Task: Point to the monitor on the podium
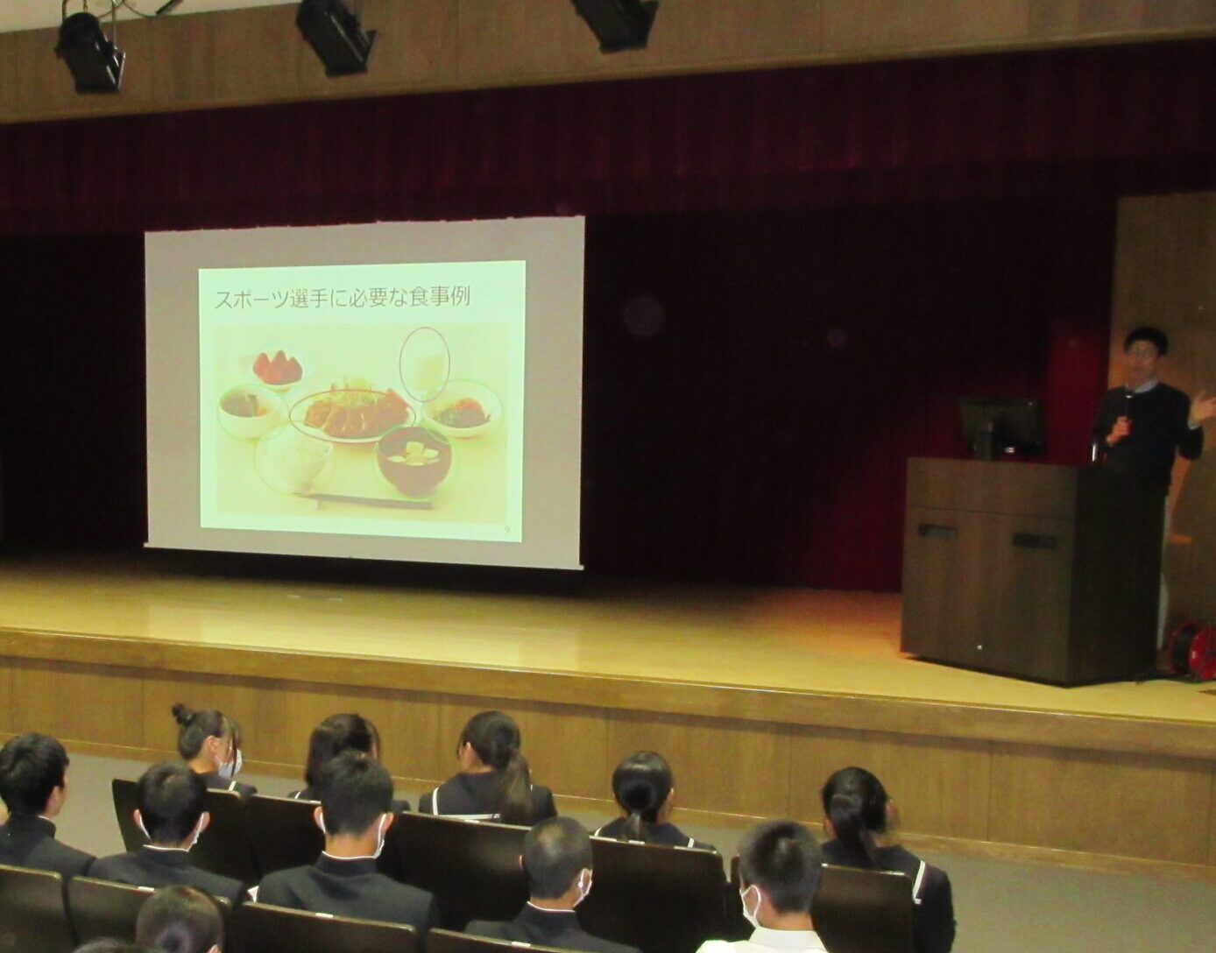tap(1001, 427)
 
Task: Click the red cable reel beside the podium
tap(1192, 651)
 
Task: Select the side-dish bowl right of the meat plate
tap(463, 408)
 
